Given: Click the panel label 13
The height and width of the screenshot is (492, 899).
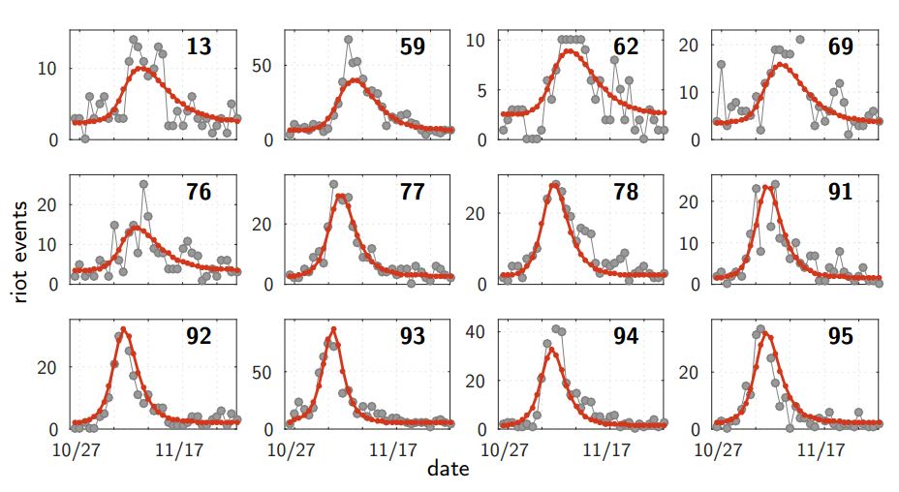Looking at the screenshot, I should click(199, 46).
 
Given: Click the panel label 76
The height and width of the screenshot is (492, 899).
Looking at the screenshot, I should click(199, 192).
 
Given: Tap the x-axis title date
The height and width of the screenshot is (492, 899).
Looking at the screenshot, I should click(449, 470).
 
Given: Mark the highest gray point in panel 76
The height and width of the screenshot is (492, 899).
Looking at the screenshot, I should click(143, 183).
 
